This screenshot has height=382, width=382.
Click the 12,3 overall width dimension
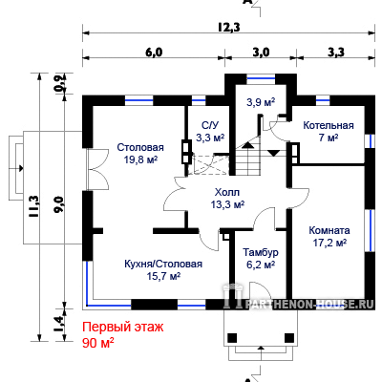point(229,28)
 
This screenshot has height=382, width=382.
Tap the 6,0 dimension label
point(154,52)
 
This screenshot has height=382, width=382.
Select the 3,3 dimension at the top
point(336,52)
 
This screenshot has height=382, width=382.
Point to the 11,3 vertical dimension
point(34,206)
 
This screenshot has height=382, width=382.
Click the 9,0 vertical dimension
point(59,205)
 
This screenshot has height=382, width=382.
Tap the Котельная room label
point(329,125)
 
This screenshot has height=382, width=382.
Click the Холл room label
point(227,192)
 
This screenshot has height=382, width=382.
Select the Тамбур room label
point(261,252)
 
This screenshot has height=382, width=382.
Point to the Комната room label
point(329,230)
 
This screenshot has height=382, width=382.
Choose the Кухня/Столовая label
point(163,264)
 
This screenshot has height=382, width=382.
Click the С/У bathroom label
point(210,125)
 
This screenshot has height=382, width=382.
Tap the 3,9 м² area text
point(261,102)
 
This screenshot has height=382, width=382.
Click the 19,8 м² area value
point(140,159)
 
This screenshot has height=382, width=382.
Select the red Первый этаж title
point(123,327)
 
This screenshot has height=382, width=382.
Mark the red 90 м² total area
point(98,343)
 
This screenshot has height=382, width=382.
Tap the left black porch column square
point(232,337)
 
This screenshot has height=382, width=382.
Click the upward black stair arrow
point(247,145)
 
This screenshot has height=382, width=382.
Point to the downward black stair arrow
point(273,153)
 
